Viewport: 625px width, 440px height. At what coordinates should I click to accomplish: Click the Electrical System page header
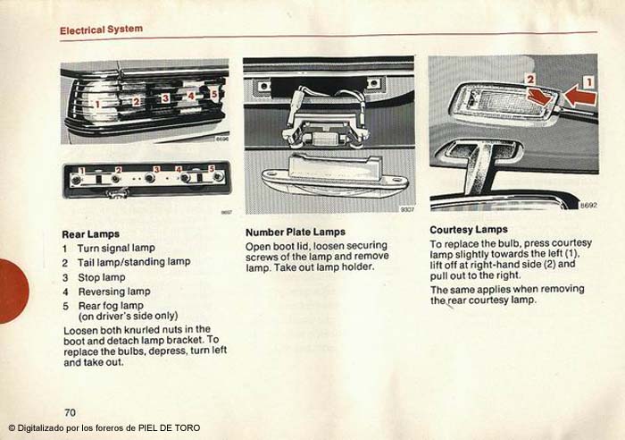click(x=101, y=30)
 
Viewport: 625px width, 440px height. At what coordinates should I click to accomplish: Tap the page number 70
click(x=69, y=411)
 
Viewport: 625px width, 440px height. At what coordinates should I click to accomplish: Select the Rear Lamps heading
click(x=90, y=234)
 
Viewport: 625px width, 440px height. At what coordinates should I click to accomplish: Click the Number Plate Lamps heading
click(x=295, y=233)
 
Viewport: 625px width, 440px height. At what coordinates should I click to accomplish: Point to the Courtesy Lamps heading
click(x=470, y=230)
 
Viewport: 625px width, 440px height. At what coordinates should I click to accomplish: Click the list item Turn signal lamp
click(x=115, y=248)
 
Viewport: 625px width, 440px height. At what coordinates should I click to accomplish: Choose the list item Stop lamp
click(x=101, y=277)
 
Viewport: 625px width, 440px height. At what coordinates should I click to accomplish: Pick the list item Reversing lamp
click(x=113, y=292)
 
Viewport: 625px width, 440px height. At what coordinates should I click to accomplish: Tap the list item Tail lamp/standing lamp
click(x=133, y=262)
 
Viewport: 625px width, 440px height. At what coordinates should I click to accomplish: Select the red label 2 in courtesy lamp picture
click(x=529, y=80)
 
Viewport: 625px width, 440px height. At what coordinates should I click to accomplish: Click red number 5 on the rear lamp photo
click(x=213, y=93)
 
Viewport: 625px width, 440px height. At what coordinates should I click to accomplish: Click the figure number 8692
click(x=587, y=206)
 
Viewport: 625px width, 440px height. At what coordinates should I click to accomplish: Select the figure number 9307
click(x=407, y=210)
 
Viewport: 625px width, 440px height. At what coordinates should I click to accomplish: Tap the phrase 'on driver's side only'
click(x=128, y=317)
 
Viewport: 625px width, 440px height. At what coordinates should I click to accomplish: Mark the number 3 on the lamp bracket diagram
click(x=156, y=169)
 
